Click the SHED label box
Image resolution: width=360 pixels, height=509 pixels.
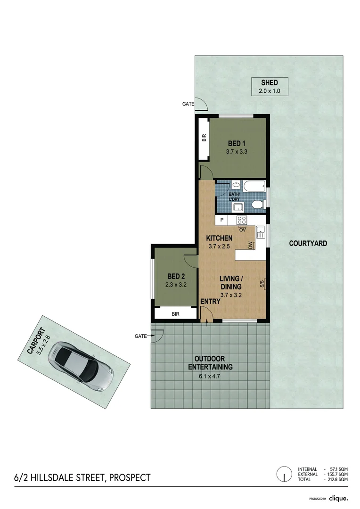pos(269,87)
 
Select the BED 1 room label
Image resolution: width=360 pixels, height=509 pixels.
pos(237,147)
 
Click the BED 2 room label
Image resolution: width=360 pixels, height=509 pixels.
pos(174,280)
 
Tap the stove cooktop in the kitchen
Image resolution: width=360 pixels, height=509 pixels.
pos(242,220)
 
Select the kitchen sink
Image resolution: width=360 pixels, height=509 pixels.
pos(261,232)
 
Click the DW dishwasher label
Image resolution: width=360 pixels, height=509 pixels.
pos(251,245)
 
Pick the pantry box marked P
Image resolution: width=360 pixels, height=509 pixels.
pos(221,220)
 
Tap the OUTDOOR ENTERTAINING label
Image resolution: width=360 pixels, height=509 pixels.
pos(211,363)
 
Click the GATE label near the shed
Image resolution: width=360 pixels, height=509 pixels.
pos(188,104)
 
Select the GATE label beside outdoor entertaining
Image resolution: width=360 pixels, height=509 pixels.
pos(140,336)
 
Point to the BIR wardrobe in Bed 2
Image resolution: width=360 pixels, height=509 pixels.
pos(175,313)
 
